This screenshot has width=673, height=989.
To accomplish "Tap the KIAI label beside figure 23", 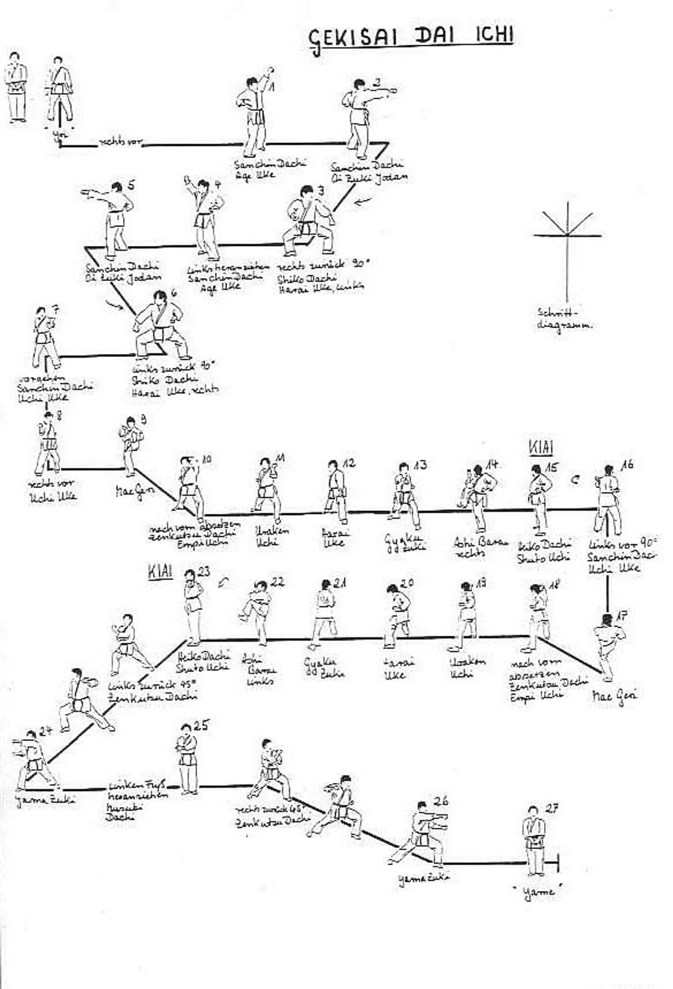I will (x=160, y=571).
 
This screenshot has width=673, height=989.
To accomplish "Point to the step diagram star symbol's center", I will (x=567, y=235).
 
